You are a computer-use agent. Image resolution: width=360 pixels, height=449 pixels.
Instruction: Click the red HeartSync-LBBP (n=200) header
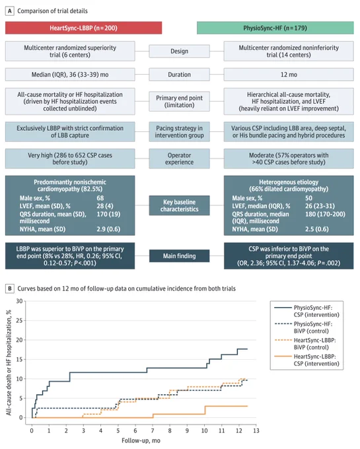click(83, 28)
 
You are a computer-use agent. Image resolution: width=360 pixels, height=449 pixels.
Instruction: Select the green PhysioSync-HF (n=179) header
click(275, 28)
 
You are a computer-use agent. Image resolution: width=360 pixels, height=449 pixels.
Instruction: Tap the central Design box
click(179, 52)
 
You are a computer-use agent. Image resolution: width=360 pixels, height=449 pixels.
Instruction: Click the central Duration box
click(179, 75)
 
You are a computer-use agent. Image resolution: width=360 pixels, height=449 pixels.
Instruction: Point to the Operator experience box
click(179, 158)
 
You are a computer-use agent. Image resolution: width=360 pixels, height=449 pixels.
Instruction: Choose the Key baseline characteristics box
click(179, 205)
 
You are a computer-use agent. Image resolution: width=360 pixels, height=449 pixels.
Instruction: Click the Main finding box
click(179, 256)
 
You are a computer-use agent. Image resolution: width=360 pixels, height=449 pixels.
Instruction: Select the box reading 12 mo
click(289, 75)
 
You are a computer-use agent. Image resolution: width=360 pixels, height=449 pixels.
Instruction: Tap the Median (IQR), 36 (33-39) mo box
click(70, 75)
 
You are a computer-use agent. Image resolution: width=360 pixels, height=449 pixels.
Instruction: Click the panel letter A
click(10, 11)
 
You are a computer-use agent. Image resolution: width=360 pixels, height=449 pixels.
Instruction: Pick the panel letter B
click(10, 289)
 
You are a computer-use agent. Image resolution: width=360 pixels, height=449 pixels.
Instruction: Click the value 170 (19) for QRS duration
click(108, 214)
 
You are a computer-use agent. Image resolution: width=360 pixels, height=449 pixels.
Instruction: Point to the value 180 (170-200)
click(326, 214)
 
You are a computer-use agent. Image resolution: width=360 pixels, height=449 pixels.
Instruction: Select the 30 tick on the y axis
click(19, 301)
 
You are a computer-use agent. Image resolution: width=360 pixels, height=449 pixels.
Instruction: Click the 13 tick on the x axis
click(256, 431)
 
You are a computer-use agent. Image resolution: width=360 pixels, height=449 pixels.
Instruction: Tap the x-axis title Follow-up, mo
click(141, 440)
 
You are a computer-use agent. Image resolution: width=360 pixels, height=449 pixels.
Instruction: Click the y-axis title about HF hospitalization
click(9, 363)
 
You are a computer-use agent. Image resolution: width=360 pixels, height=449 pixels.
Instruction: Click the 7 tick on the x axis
click(153, 431)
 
